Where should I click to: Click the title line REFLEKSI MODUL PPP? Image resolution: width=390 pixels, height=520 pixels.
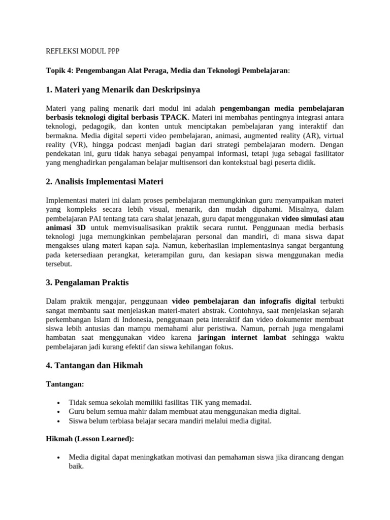[x=83, y=51]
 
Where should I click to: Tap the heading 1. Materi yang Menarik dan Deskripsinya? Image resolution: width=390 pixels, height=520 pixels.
[x=123, y=90]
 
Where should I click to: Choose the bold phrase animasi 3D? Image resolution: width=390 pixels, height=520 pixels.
[x=66, y=227]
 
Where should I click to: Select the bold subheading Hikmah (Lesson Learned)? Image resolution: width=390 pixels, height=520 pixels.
[x=90, y=439]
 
